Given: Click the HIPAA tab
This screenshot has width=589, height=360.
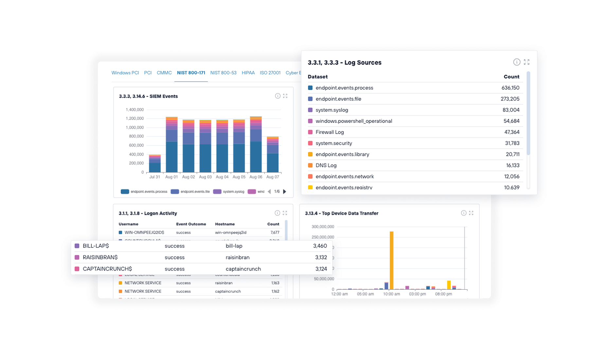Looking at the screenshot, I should [248, 73].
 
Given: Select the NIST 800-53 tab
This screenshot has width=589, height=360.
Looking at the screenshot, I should [223, 73].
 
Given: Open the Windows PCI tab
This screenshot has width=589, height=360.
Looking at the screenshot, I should [125, 73].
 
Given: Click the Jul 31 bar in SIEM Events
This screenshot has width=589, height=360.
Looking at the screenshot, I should [154, 164].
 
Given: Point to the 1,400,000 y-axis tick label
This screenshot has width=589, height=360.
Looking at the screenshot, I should [134, 110].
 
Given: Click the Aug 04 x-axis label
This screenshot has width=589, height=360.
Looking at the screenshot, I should [222, 177].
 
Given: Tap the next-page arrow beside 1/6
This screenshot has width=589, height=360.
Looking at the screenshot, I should [285, 192].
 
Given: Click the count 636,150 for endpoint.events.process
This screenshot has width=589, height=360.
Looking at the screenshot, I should [510, 88].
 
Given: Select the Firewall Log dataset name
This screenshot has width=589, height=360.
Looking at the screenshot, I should [330, 132].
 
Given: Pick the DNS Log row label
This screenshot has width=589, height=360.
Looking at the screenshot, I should [326, 165].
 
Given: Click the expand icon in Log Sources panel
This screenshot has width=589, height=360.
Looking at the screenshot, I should [527, 62].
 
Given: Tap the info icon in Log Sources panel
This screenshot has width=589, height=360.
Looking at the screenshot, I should [516, 62].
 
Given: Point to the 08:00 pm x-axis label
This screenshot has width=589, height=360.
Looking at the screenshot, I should [443, 294].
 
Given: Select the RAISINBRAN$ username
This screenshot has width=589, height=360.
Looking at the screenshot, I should [100, 257].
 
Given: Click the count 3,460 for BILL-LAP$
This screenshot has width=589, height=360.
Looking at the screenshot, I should [320, 246].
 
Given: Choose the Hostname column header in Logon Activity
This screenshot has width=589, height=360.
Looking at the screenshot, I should [225, 224].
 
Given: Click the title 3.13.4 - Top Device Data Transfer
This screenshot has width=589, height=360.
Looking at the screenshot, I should [341, 213].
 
